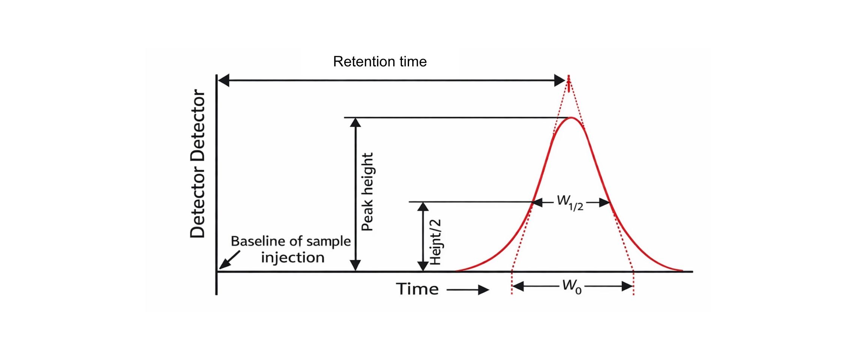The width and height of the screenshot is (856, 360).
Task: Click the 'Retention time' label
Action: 379,61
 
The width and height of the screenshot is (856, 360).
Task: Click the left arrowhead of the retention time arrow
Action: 223,80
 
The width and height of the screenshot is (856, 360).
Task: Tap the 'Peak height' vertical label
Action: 367,192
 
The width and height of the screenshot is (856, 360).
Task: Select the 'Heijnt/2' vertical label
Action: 435,242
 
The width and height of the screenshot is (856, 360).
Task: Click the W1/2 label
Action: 570,202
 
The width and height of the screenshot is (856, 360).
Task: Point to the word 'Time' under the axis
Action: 417,289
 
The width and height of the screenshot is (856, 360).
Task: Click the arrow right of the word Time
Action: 469,289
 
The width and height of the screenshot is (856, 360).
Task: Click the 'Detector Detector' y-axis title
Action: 198,163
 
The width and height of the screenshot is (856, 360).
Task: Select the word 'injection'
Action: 292,258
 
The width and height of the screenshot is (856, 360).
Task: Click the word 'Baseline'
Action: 252,241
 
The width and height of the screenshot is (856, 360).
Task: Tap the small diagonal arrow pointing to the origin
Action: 229,260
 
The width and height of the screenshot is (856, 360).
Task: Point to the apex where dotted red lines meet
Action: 569,77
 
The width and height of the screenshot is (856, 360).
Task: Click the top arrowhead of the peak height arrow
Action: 355,123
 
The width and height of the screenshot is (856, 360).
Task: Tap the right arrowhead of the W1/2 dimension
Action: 605,203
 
